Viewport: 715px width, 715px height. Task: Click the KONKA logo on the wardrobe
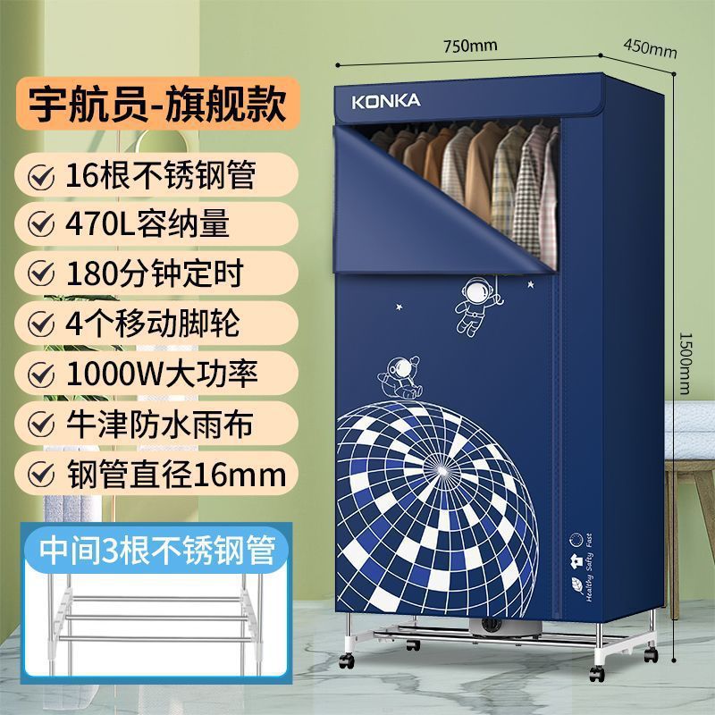[385, 100]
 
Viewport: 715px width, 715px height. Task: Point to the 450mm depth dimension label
[650, 48]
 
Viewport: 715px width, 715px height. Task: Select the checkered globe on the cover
[447, 500]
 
